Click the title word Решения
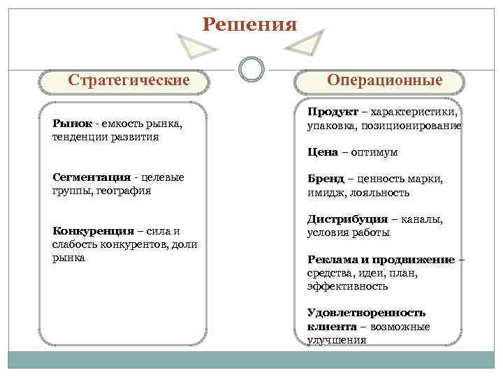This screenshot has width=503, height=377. (249, 24)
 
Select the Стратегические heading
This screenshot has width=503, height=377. (129, 80)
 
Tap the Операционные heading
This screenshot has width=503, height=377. (384, 80)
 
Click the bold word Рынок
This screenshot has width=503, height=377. (72, 124)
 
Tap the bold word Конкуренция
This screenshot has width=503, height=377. (93, 231)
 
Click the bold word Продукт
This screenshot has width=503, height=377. (333, 112)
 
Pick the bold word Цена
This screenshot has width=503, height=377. (322, 151)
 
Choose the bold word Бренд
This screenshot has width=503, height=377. (324, 179)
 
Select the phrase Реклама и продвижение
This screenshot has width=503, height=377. (381, 259)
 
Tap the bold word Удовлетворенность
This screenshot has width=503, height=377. (366, 313)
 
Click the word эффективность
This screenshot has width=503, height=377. (347, 286)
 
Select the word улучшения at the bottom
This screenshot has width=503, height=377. (337, 340)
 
